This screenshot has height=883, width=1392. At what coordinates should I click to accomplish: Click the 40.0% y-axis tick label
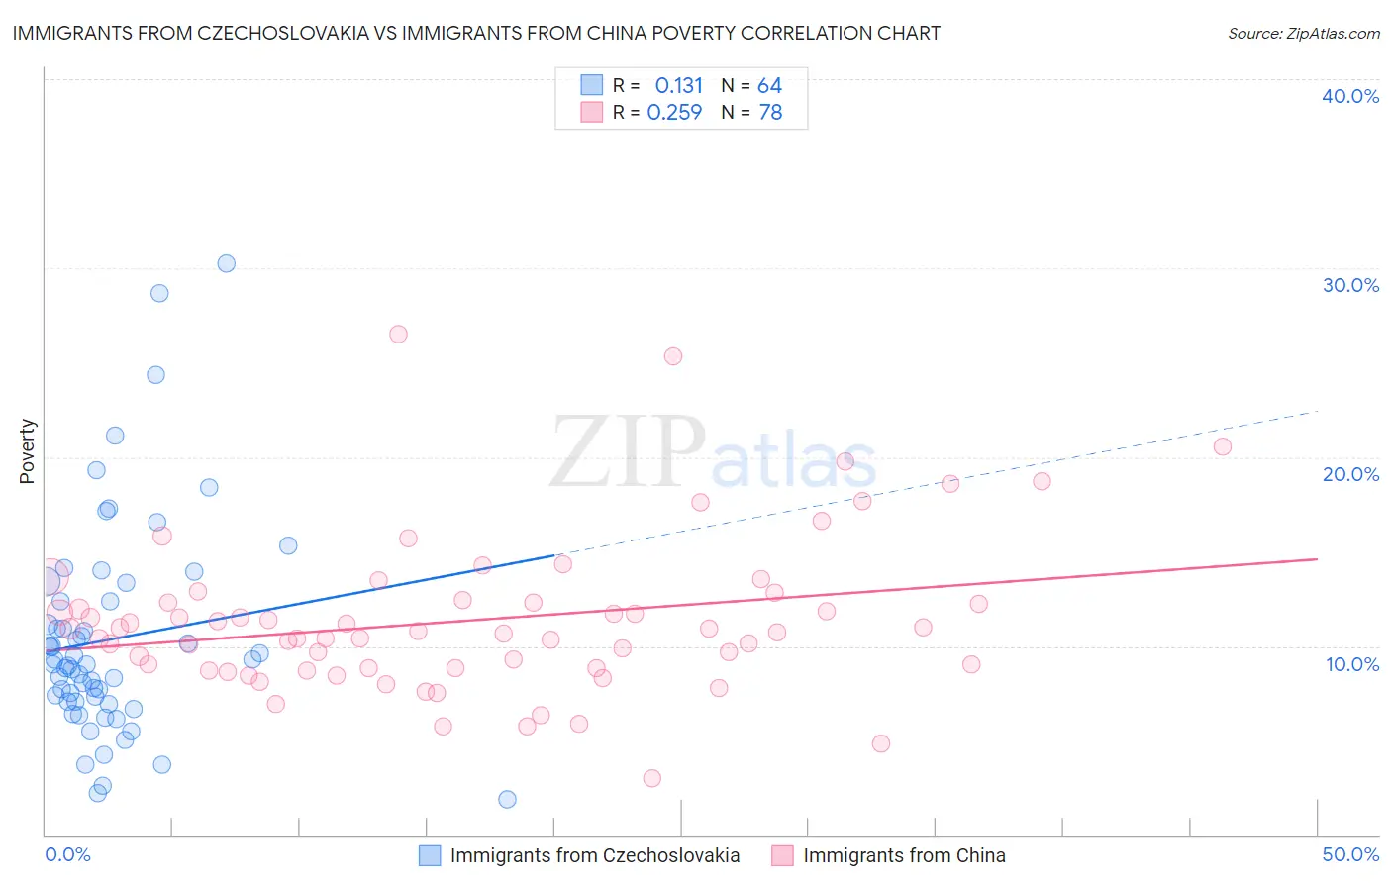point(1350,96)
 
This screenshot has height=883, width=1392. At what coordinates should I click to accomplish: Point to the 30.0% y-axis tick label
point(1350,285)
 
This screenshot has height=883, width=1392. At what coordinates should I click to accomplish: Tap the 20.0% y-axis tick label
point(1350,474)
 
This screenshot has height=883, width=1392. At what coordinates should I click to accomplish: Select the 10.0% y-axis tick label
point(1352,664)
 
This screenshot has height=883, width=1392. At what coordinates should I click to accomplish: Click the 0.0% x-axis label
point(67,854)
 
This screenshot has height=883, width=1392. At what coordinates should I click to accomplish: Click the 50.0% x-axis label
point(1350,854)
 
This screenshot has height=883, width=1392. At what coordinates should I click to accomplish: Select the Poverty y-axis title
point(27,451)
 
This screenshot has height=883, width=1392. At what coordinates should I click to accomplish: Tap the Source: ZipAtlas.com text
point(1303,33)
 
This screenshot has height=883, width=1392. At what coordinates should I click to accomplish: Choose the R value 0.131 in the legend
point(678,85)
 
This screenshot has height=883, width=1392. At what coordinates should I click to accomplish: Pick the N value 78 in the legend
point(770,113)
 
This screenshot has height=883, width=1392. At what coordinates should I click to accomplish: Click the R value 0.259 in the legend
point(674,113)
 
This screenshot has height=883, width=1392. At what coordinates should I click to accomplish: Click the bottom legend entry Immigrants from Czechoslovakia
point(594,855)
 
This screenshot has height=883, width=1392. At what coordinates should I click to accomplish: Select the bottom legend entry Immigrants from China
point(903,855)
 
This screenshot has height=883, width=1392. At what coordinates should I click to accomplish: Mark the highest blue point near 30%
point(227,263)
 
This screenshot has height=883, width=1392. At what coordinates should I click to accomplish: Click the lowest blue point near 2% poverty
point(507,799)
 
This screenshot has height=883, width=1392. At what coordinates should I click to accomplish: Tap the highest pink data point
point(398,334)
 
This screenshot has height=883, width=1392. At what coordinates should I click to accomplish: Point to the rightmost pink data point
point(1223,446)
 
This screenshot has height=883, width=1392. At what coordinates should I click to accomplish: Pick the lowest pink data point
point(651,778)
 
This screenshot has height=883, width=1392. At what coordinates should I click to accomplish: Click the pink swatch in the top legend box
point(591,112)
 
